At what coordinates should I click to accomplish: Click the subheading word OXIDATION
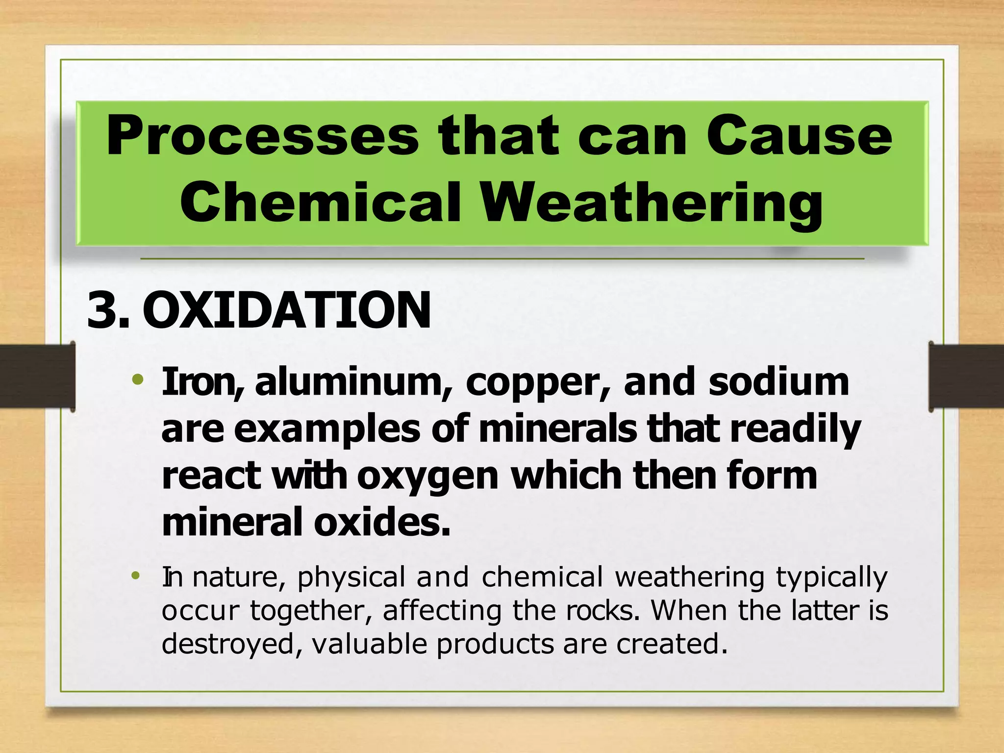287,310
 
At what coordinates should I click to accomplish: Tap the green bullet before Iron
138,379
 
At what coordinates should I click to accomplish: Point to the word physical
351,578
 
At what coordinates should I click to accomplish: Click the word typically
831,578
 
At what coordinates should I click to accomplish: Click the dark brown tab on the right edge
966,376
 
